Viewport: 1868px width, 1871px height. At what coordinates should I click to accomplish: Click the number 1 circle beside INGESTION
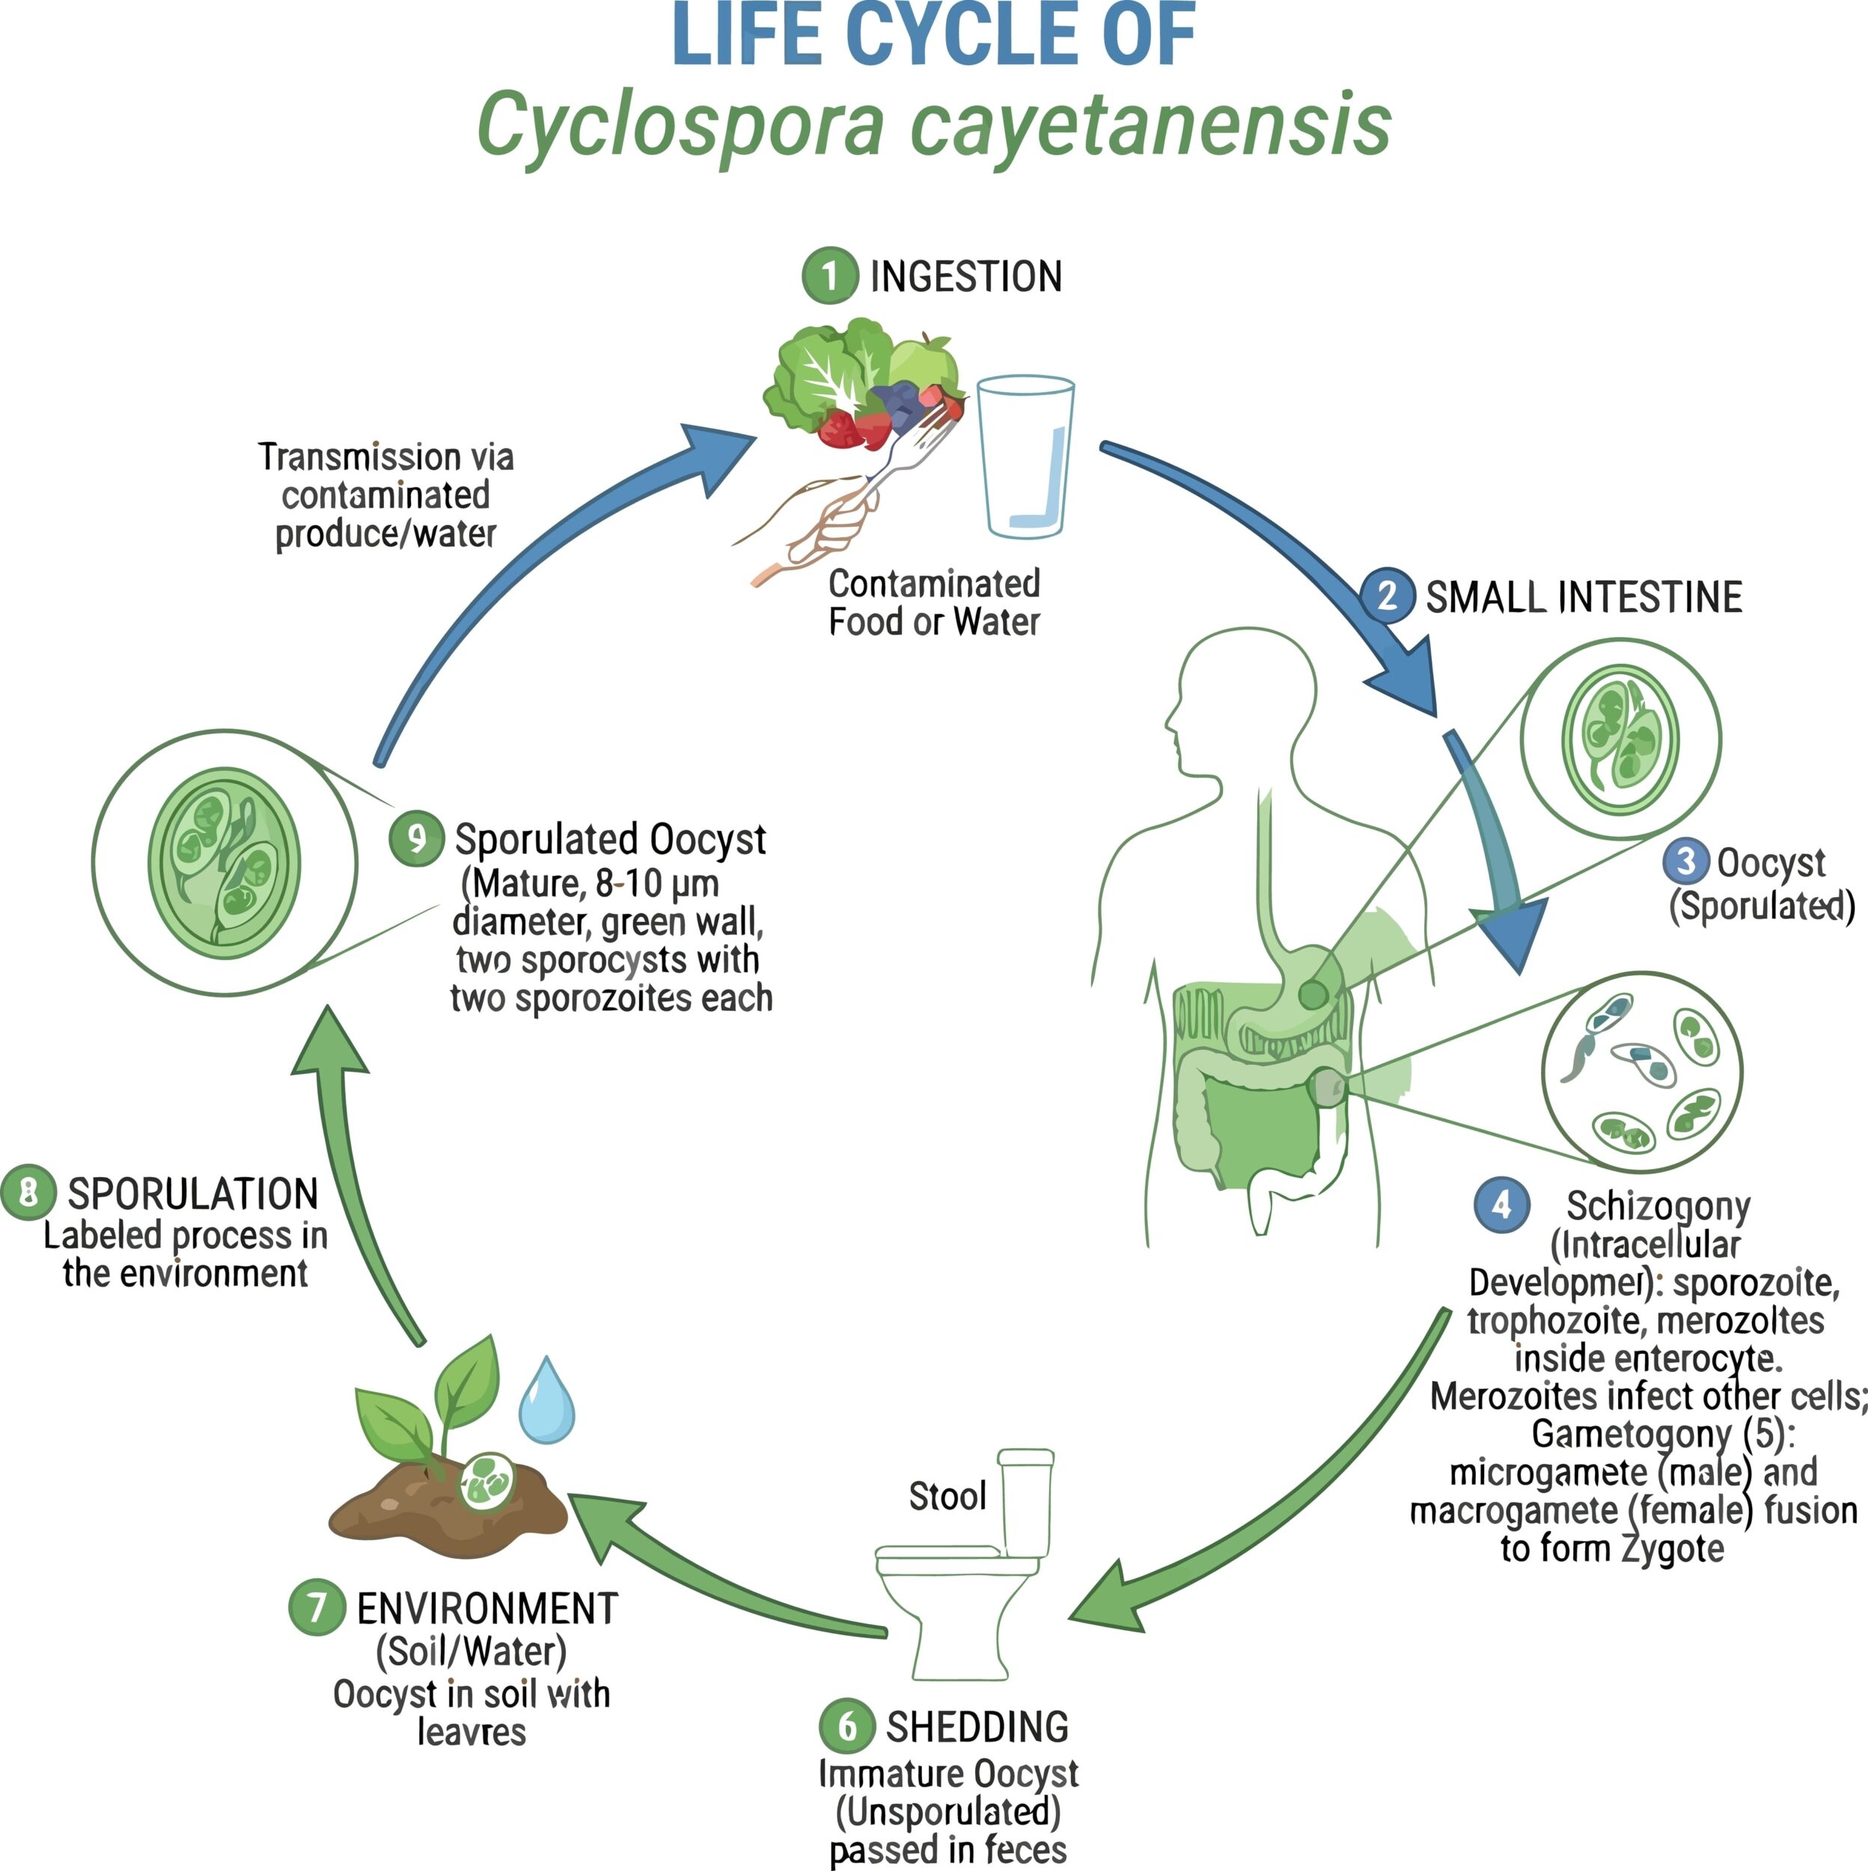pos(830,276)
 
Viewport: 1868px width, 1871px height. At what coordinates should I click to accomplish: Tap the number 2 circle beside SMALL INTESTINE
pos(1388,595)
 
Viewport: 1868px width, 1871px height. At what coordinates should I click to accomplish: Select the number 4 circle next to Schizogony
pos(1501,1206)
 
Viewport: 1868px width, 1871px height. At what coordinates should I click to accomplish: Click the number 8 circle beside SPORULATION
pos(28,1192)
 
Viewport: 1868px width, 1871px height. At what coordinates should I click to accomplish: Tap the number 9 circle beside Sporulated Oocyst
pos(416,837)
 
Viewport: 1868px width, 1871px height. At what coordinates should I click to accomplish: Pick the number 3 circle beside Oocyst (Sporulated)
pos(1686,861)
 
